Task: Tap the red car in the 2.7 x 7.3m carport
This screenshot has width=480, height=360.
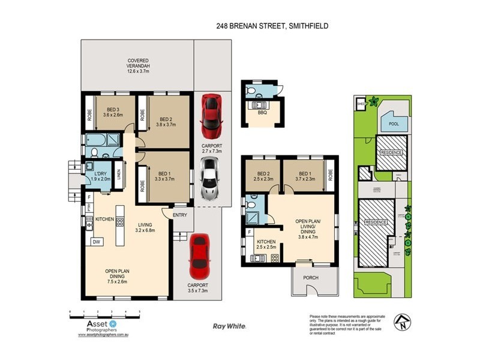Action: [211, 115]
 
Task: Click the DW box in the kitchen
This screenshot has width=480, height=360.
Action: [95, 242]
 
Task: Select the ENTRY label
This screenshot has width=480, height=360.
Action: [179, 215]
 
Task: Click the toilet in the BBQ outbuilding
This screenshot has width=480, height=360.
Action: [253, 91]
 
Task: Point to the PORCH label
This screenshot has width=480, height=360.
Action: [311, 277]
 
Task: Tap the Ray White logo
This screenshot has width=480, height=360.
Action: [229, 326]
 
